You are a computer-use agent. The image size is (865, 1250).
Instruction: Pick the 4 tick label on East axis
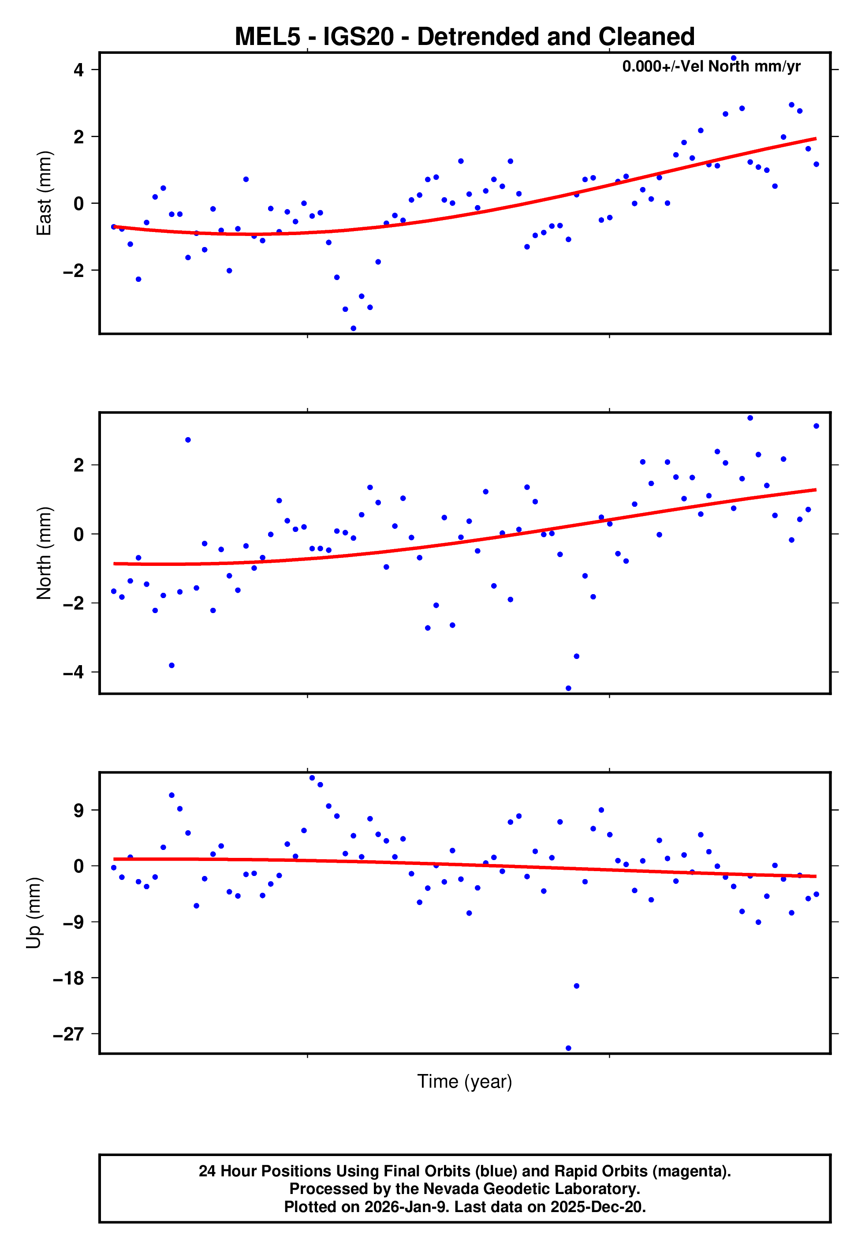[79, 70]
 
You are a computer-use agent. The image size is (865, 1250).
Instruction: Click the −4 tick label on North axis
[73, 672]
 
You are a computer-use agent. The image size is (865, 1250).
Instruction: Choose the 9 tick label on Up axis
[79, 810]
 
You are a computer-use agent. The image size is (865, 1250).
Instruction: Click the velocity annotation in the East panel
[711, 66]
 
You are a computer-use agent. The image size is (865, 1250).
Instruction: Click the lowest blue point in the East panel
[354, 329]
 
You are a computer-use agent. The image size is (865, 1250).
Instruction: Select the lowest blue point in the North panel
[569, 689]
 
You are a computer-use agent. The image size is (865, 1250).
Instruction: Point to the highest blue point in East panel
[734, 58]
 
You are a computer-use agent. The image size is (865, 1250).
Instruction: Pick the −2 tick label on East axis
[73, 270]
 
